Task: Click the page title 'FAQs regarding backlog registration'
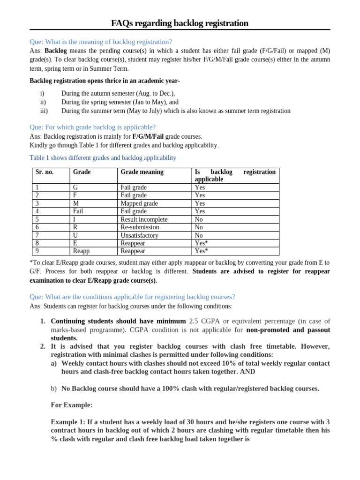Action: [180, 23]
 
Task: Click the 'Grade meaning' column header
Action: [142, 172]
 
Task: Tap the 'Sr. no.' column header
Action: [45, 172]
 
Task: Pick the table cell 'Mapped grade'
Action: [139, 203]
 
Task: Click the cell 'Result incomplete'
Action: [144, 219]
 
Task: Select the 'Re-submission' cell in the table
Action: [140, 227]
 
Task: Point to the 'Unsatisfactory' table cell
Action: [139, 235]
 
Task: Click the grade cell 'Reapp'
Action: [81, 251]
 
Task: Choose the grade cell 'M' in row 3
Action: [76, 203]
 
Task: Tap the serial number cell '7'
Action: [37, 235]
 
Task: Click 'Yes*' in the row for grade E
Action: [201, 243]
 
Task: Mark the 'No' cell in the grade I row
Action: [199, 219]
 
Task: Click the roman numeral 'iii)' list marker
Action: [44, 111]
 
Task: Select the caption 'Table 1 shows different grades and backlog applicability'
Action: [103, 158]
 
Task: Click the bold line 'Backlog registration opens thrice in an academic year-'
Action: [105, 81]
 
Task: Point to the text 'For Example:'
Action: [71, 405]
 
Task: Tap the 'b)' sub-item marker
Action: [54, 389]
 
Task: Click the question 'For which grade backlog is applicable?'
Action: [92, 127]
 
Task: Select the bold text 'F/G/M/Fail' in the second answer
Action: [148, 136]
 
